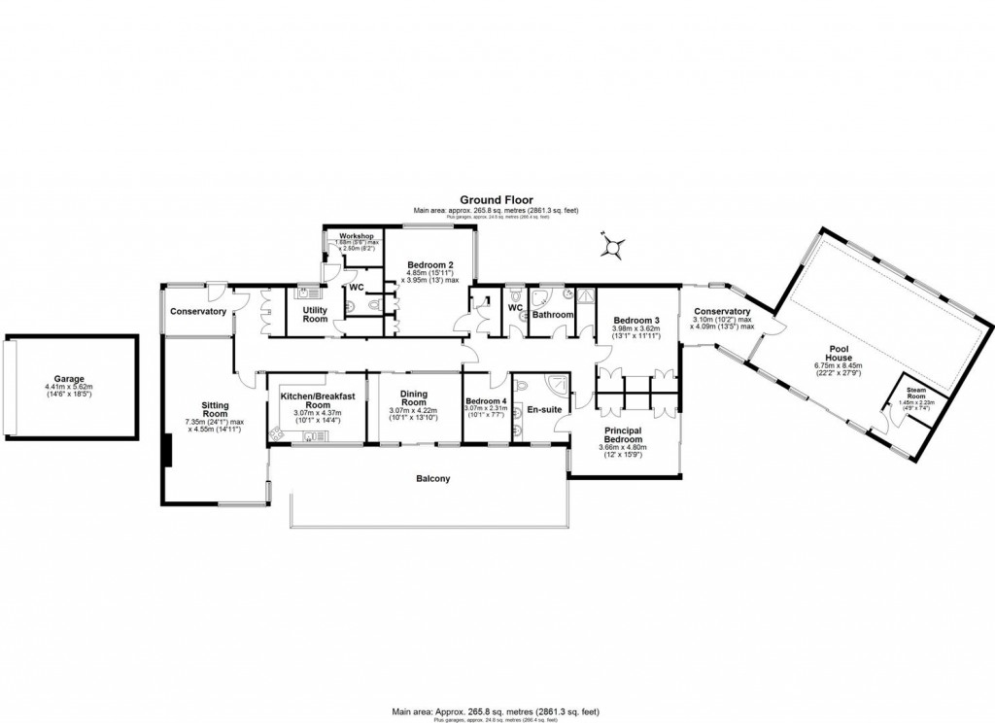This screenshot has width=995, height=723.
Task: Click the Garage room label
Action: [x=70, y=379]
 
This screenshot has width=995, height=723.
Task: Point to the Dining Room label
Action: [x=414, y=397]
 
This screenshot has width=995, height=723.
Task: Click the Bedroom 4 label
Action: [x=485, y=401]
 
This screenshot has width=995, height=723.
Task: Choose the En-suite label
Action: [x=545, y=409]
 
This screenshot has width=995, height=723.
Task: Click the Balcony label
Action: [x=433, y=479]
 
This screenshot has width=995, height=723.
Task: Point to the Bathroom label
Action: [x=552, y=315]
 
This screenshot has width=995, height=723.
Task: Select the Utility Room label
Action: [x=308, y=313]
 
